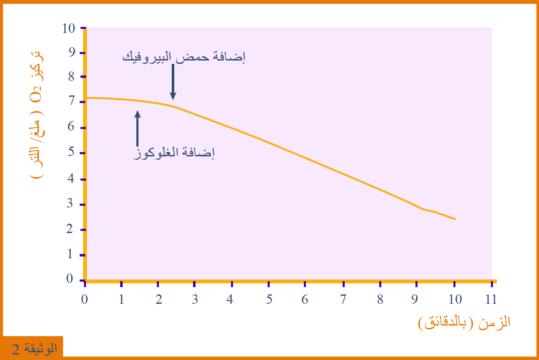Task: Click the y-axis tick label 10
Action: coord(69,29)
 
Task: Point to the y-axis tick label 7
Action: coord(72,101)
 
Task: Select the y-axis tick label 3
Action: coord(70,203)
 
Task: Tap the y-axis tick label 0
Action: coord(69,278)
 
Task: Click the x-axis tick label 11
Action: coord(491,300)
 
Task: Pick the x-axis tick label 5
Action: coord(269,300)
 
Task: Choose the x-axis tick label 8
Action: coord(380,300)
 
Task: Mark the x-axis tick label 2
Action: coord(159,300)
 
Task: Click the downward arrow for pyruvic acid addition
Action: coord(173,82)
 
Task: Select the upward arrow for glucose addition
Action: coord(137,128)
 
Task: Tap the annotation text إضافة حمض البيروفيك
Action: coord(184,57)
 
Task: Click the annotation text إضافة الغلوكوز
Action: coord(174,153)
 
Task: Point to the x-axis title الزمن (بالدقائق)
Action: coord(464,323)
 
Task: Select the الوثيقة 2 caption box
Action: coord(33,348)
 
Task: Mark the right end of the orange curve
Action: coord(455,219)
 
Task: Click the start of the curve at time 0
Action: coord(87,98)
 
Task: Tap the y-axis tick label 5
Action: coord(71,152)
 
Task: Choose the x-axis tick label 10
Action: coord(455,300)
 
